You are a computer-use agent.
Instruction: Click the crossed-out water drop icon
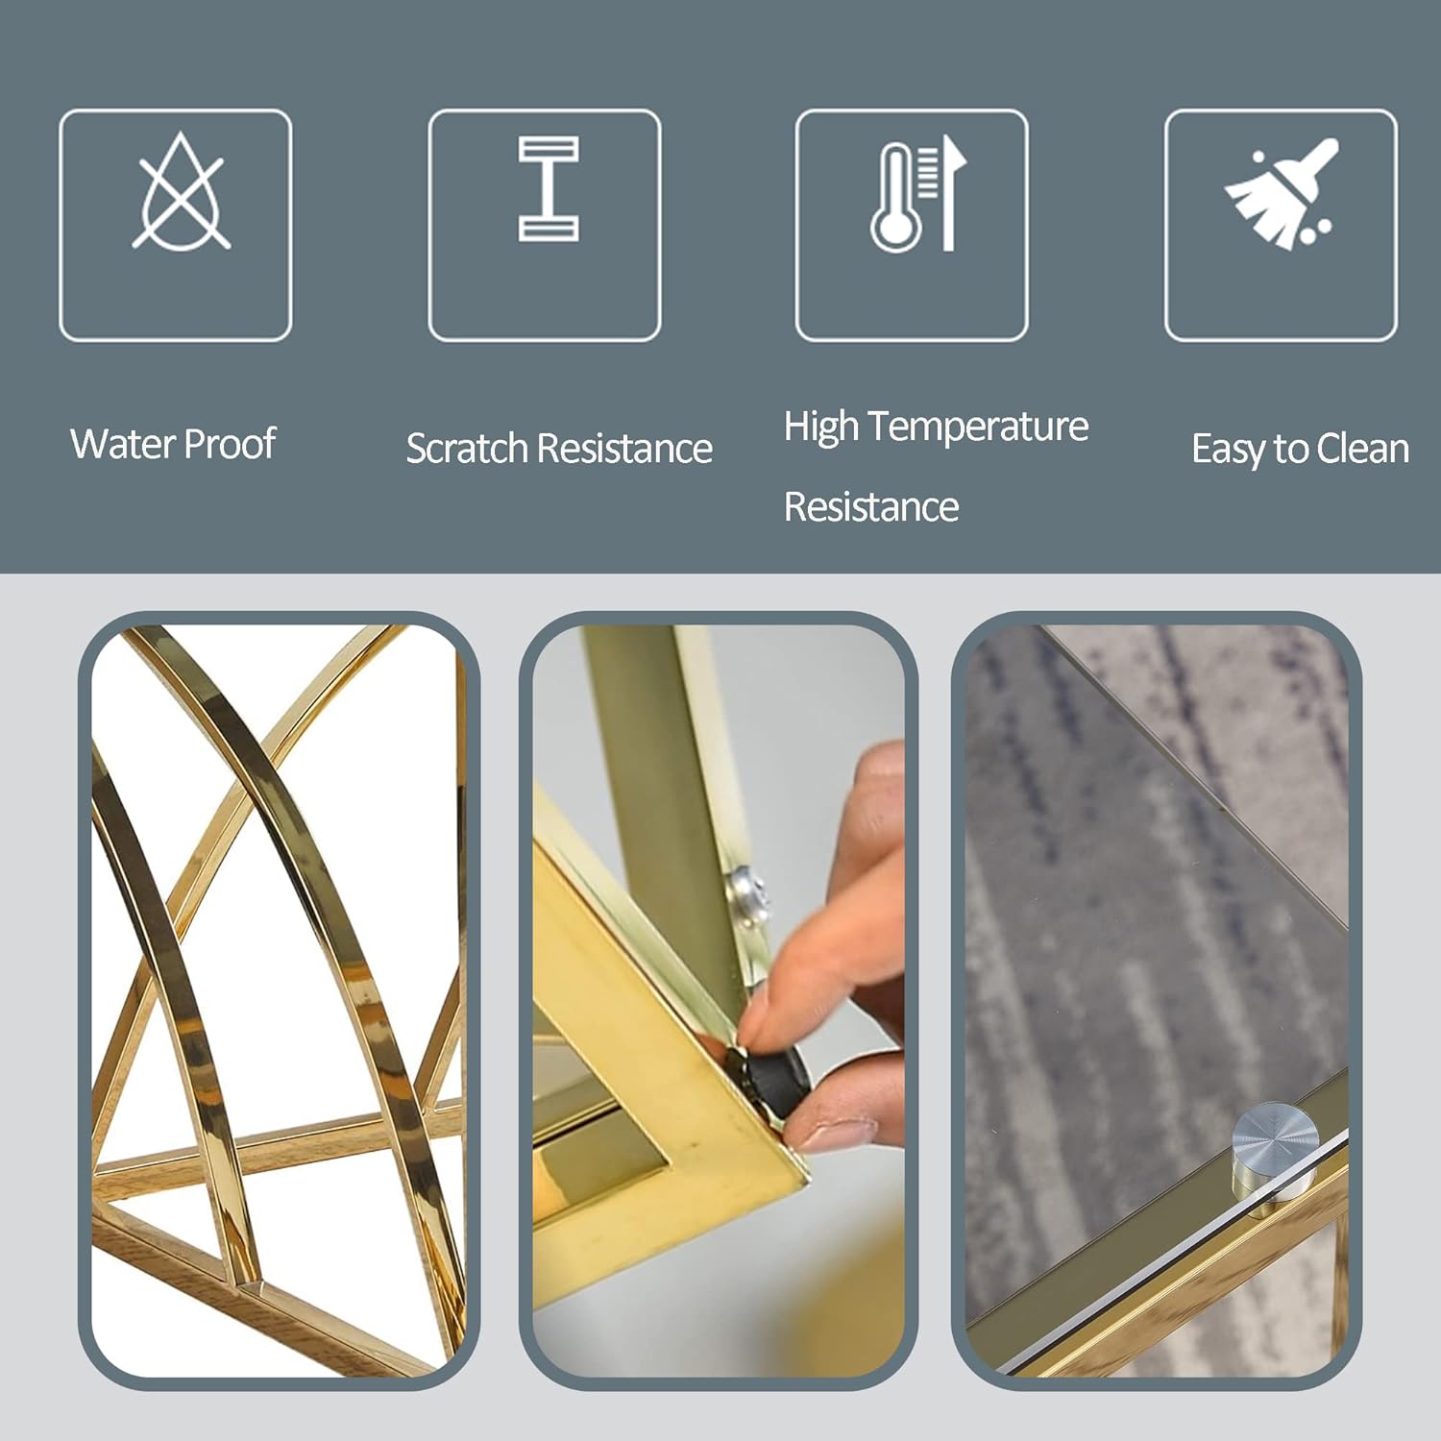coord(181,192)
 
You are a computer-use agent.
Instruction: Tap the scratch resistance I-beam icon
coord(549,188)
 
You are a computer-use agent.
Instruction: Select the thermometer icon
coord(896,198)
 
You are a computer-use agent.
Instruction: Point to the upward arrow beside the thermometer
coord(951,192)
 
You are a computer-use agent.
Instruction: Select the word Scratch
coord(467,449)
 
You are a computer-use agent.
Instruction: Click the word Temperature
coord(983,427)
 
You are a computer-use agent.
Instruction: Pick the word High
coord(821,427)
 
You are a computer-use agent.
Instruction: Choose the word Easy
coord(1229,450)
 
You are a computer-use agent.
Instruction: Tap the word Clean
coord(1362,449)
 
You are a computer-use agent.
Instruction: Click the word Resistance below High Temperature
coord(871,507)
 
